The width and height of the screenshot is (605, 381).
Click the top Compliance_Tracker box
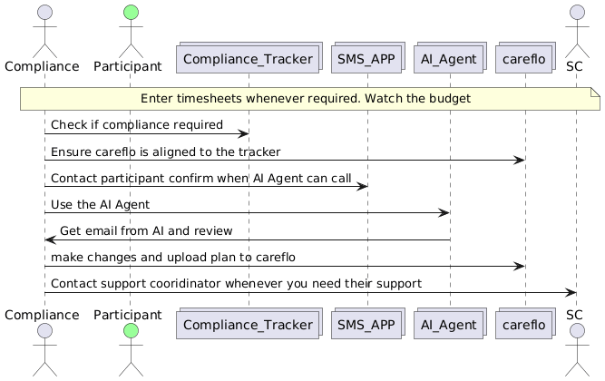[248, 60]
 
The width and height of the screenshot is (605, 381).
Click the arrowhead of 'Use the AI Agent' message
[445, 212]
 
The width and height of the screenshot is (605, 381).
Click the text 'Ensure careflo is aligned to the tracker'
[165, 151]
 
